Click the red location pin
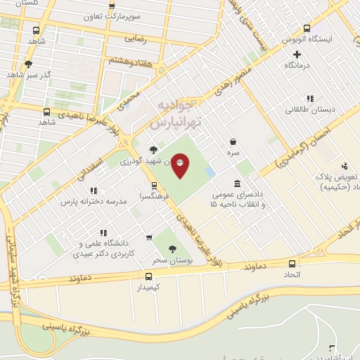[x=181, y=165]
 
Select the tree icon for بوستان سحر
[x=172, y=248]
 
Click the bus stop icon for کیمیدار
[x=148, y=276]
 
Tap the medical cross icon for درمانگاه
[x=297, y=54]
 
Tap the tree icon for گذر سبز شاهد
[x=28, y=64]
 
